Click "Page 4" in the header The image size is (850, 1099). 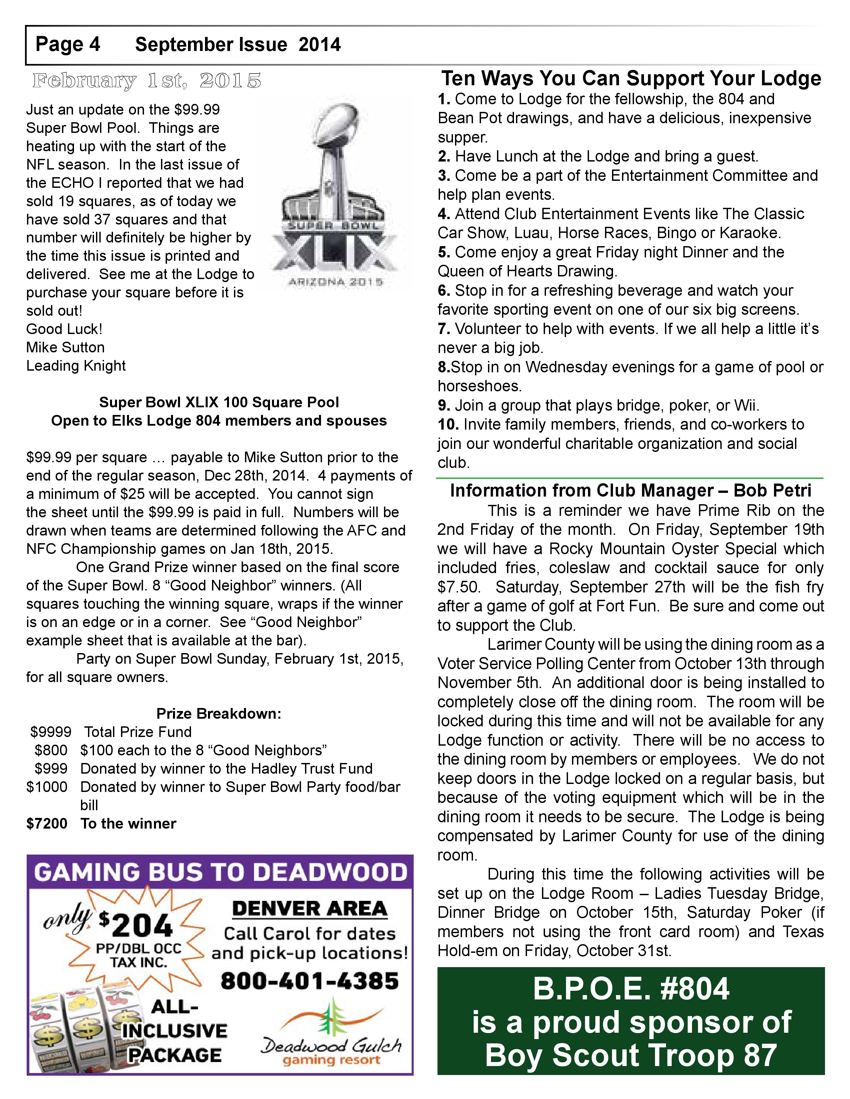tap(67, 45)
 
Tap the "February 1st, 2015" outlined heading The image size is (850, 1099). tap(147, 81)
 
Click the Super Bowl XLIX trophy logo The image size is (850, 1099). tap(335, 194)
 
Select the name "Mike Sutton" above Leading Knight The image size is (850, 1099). tap(65, 347)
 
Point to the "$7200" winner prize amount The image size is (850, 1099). tap(47, 823)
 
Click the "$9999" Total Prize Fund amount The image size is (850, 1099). tap(51, 732)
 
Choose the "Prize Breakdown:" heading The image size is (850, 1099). tap(219, 714)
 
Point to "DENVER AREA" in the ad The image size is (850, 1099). tap(310, 909)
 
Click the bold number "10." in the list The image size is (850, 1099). tap(448, 425)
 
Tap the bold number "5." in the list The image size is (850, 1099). tap(444, 252)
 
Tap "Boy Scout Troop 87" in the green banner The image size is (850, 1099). tap(630, 1055)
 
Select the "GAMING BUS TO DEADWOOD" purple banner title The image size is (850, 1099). tap(220, 872)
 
